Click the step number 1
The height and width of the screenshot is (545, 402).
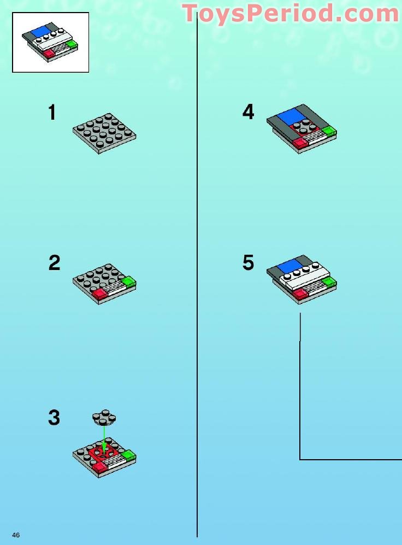[x=52, y=113]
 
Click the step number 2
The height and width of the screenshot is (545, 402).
[x=54, y=263]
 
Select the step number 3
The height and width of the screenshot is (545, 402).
[x=54, y=418]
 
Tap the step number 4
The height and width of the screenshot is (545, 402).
[x=249, y=113]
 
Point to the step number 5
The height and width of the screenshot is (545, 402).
[x=249, y=263]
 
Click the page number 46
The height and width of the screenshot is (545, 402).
[x=16, y=535]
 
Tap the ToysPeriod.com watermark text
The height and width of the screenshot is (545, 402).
[x=291, y=13]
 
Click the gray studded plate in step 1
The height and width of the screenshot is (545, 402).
[x=104, y=133]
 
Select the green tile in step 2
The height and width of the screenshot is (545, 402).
[x=128, y=282]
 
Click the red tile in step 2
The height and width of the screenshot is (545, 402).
[x=100, y=294]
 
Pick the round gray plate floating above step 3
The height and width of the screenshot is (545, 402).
[x=104, y=418]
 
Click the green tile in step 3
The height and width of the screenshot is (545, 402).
[x=128, y=455]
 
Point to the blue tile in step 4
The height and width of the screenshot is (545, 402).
[x=291, y=116]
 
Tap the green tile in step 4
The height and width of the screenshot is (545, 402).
[x=329, y=131]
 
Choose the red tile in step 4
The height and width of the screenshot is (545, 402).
[x=299, y=143]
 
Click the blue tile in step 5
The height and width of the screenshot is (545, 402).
[x=288, y=266]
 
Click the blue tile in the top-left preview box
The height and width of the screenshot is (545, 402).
[x=41, y=31]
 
